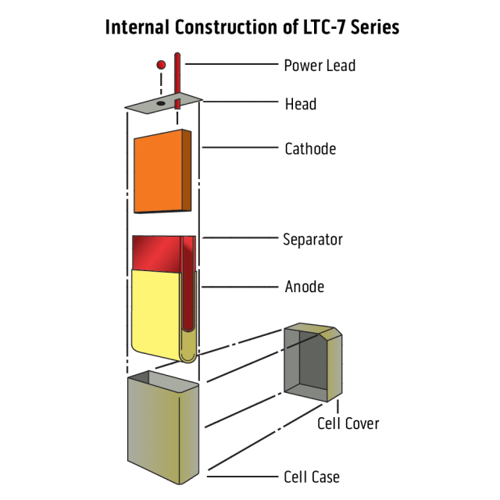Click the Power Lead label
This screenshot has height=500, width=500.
pyautogui.click(x=320, y=66)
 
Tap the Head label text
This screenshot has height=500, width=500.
pyautogui.click(x=300, y=104)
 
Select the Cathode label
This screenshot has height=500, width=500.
pyautogui.click(x=310, y=148)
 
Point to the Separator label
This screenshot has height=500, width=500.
pyautogui.click(x=312, y=239)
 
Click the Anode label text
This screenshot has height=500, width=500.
pyautogui.click(x=304, y=287)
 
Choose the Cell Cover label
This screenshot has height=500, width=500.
pyautogui.click(x=348, y=423)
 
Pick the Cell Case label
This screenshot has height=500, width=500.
pyautogui.click(x=312, y=476)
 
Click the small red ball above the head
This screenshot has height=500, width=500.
pyautogui.click(x=161, y=64)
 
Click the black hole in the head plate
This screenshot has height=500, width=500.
pyautogui.click(x=160, y=102)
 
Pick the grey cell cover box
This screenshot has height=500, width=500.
pyautogui.click(x=312, y=363)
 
